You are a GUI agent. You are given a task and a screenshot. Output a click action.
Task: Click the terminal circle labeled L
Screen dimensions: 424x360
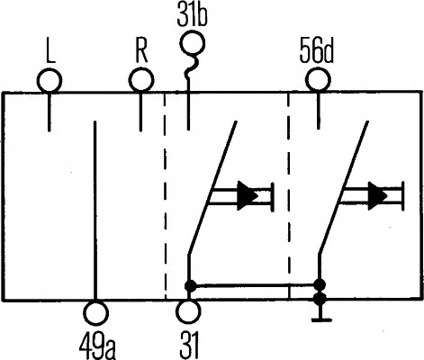50,80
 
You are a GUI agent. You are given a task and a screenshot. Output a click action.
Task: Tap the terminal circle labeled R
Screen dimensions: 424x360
141,80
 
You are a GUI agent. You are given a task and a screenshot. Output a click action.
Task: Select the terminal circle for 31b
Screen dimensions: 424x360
193,44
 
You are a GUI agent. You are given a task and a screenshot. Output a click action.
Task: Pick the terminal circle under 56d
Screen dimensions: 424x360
319,80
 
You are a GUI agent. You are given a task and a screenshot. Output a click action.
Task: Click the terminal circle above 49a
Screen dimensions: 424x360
95,312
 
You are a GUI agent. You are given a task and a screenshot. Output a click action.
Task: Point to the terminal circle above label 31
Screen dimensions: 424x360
188,311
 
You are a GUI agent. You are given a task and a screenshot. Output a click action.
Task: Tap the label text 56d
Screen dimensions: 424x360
317,53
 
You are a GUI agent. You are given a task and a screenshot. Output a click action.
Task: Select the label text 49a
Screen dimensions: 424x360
97,346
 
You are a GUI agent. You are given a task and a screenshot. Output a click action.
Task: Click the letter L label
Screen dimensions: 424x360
51,53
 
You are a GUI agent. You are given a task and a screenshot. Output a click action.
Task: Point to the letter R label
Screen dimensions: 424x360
141,53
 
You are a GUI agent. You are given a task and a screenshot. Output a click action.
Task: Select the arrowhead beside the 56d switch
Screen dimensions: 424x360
378,195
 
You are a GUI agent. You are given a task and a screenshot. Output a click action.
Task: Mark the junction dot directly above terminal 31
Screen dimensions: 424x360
190,286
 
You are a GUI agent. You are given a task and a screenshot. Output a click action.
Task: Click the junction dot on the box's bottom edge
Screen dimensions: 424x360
320,298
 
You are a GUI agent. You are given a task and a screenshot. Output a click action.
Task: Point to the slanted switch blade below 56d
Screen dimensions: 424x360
343,188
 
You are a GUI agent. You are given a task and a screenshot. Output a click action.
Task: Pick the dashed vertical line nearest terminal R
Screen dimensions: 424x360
166,195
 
